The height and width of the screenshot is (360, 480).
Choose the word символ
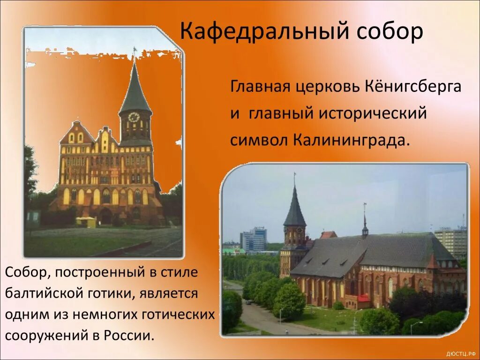pyautogui.click(x=259, y=140)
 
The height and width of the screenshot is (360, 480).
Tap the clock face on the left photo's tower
pyautogui.click(x=134, y=117)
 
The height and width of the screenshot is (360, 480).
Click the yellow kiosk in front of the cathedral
pyautogui.click(x=86, y=222)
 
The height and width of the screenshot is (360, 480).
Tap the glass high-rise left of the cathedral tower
pyautogui.click(x=255, y=239)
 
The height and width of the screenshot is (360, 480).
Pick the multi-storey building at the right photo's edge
pyautogui.click(x=451, y=241)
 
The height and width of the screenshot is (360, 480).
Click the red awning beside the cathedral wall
pyautogui.click(x=364, y=298)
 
